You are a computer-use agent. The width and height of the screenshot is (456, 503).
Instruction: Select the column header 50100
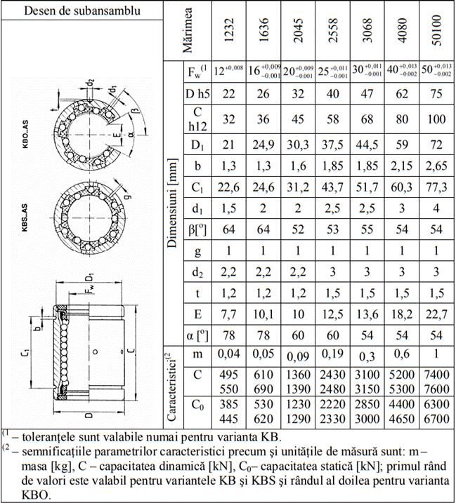pyautogui.click(x=436, y=32)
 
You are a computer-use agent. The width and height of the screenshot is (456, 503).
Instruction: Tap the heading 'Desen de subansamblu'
pyautogui.click(x=81, y=11)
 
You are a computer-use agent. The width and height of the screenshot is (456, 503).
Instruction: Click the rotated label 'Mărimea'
pyautogui.click(x=188, y=32)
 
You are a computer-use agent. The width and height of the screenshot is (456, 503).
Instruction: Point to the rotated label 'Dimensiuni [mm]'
pyautogui.click(x=172, y=203)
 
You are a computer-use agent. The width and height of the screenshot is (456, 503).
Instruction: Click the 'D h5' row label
pyautogui.click(x=197, y=93)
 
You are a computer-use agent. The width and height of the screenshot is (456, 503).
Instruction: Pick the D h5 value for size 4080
pyautogui.click(x=401, y=93)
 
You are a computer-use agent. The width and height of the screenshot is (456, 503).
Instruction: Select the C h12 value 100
pyautogui.click(x=436, y=119)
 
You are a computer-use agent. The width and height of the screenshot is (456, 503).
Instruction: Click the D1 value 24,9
pyautogui.click(x=264, y=145)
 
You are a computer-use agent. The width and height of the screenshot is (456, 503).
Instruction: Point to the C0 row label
pyautogui.click(x=197, y=405)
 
